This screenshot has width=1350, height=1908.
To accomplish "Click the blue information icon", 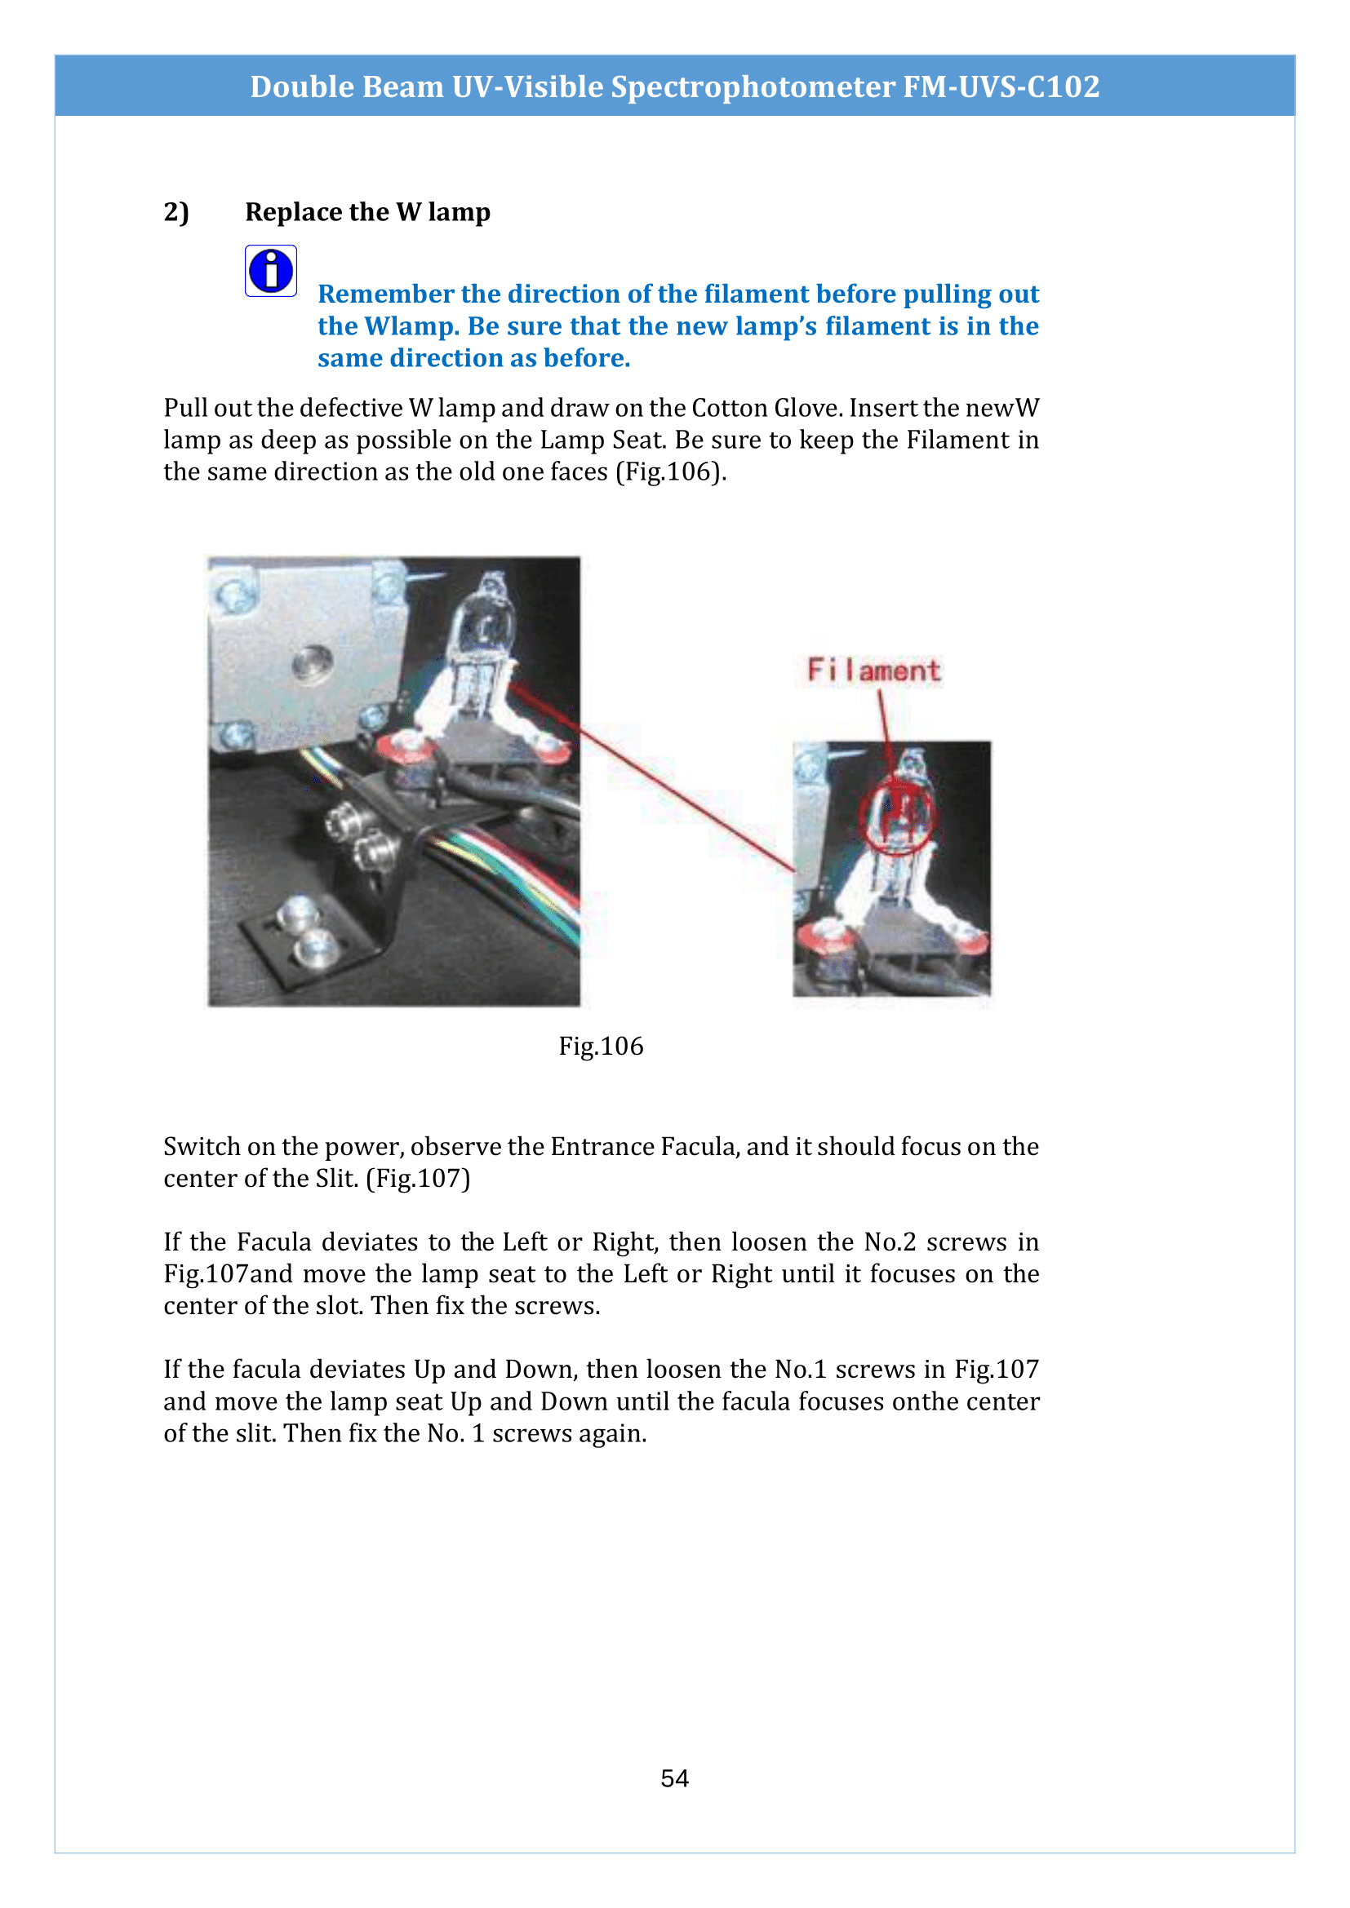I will click(271, 271).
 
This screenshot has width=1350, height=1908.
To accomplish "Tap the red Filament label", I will click(873, 670).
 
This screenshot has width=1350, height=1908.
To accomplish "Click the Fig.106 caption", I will click(600, 1046).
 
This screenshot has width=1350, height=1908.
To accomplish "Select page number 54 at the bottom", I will click(674, 1777).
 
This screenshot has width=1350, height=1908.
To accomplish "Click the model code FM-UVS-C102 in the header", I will click(1001, 86).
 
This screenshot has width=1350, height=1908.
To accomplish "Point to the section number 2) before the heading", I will click(176, 212).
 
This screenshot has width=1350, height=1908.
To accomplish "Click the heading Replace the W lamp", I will click(367, 212).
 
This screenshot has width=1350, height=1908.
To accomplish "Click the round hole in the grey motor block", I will click(312, 664).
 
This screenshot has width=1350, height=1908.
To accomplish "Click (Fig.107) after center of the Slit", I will click(418, 1179).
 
